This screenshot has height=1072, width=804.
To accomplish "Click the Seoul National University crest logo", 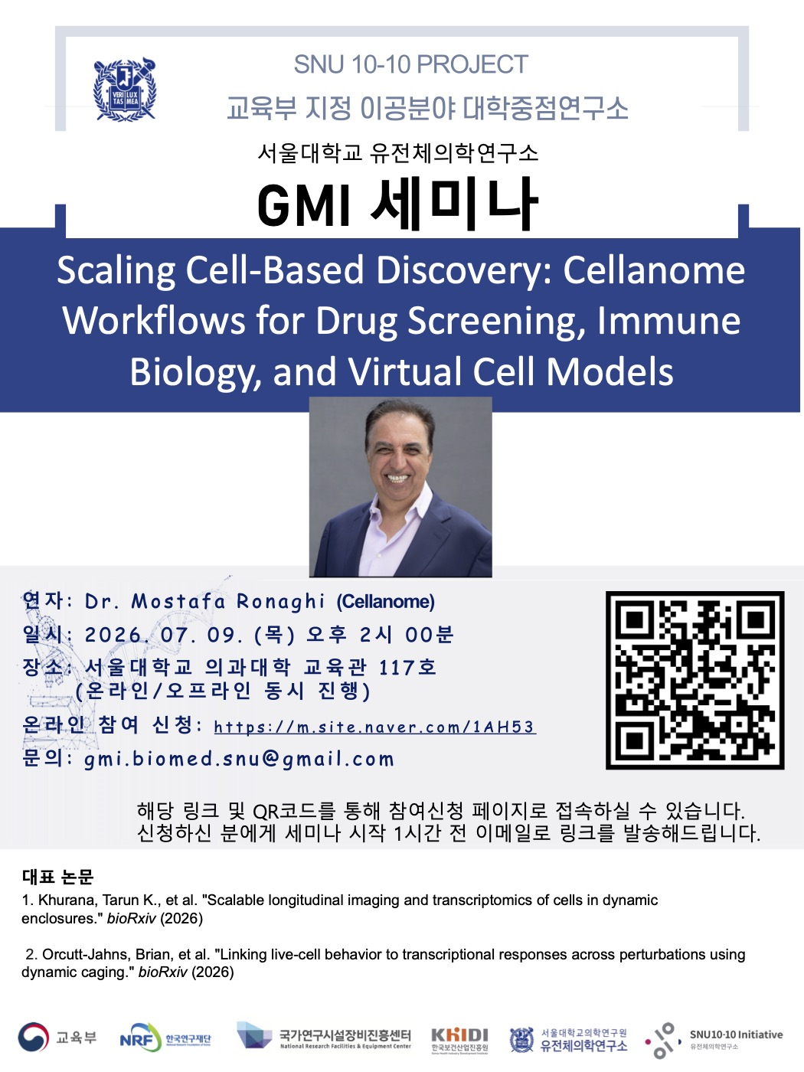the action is [125, 90].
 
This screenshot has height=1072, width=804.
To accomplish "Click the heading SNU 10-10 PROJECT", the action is [411, 64].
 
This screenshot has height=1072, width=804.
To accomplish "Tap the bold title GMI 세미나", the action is [398, 204].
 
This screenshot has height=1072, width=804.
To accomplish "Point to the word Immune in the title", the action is [668, 321].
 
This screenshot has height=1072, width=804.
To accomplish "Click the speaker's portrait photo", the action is [400, 487].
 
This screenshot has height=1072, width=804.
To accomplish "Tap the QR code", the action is [695, 680].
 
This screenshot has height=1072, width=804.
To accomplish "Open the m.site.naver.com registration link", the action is [375, 727].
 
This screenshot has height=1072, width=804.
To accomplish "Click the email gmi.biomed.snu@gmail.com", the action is [239, 759].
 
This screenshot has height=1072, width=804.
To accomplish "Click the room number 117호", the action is [407, 667].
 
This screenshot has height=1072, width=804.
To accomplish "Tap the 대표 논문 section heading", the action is [57, 877].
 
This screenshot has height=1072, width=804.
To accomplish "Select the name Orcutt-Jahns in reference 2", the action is [87, 954].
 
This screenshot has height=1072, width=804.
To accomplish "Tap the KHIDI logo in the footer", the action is [459, 1039].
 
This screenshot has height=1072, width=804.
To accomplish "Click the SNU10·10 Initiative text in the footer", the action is [736, 1034].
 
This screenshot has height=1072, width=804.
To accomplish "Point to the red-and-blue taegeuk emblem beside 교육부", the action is [33, 1037].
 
